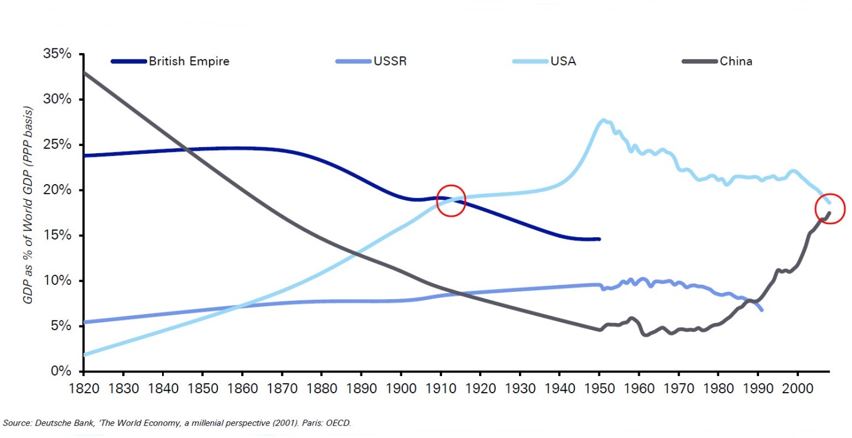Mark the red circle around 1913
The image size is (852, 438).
coord(450,200)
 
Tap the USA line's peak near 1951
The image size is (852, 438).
coord(604,120)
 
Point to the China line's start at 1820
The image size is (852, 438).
coord(85,72)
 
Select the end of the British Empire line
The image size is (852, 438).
coord(599,239)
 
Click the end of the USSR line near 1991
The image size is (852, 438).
coord(761,310)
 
